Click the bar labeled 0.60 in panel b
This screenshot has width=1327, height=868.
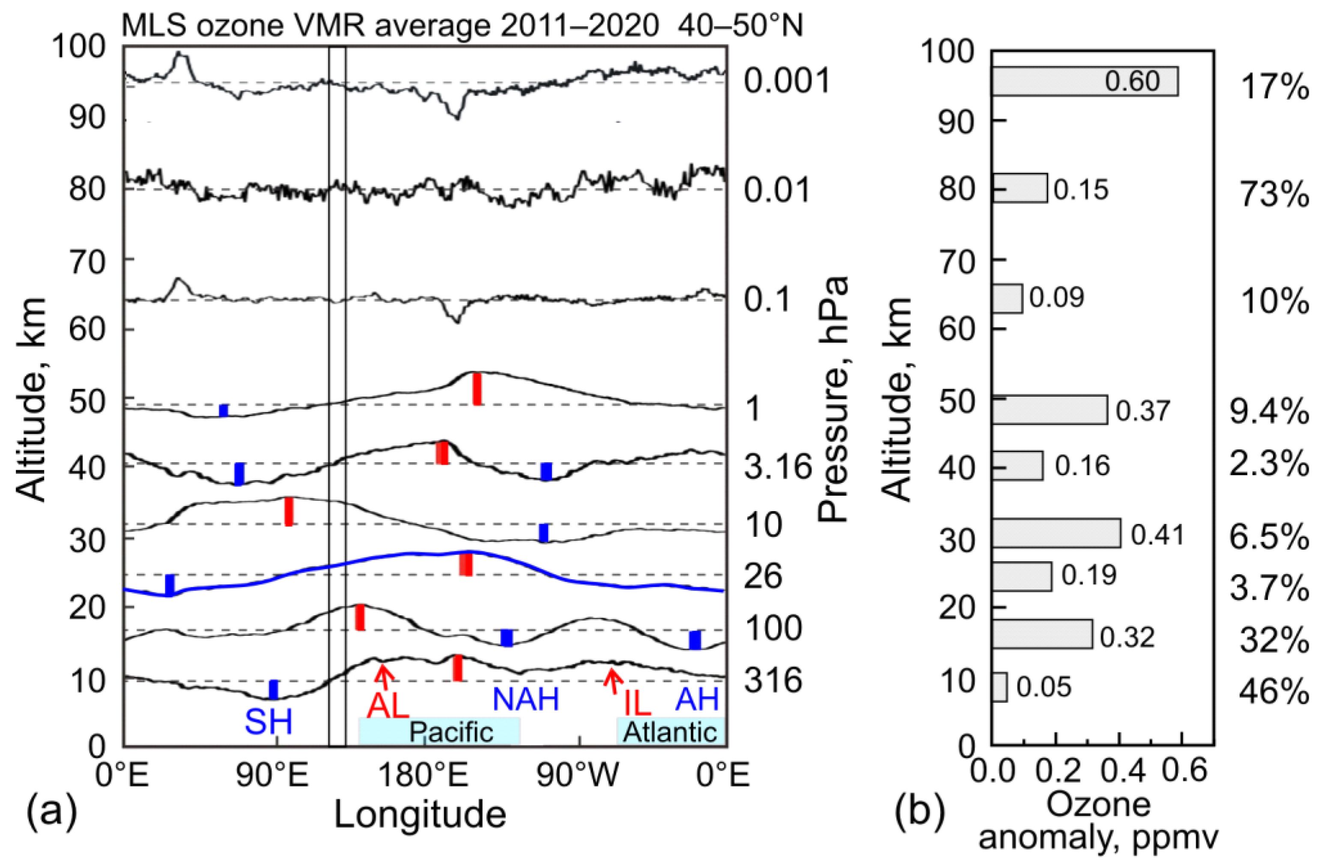pyautogui.click(x=1085, y=81)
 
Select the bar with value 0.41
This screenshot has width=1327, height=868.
pyautogui.click(x=1056, y=533)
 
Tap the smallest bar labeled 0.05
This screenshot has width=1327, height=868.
pyautogui.click(x=1000, y=687)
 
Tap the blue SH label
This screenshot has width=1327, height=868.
pyautogui.click(x=269, y=722)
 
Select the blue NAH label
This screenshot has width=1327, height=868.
pyautogui.click(x=526, y=699)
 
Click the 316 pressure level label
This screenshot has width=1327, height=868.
pyautogui.click(x=773, y=681)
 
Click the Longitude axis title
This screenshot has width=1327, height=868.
pyautogui.click(x=420, y=815)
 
